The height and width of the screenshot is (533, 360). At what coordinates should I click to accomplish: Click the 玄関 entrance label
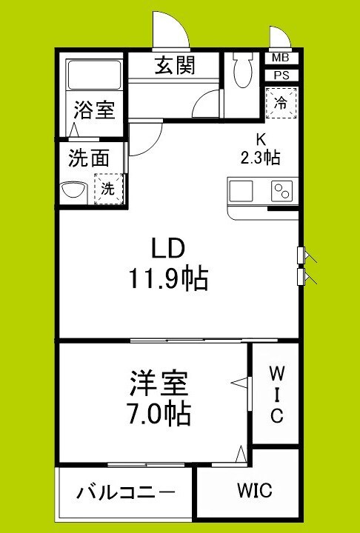point(175,66)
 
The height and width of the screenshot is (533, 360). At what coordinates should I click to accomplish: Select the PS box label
point(281,75)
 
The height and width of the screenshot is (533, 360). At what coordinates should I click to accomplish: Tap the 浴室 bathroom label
point(93,111)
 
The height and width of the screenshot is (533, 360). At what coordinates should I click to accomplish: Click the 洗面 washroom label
point(90,157)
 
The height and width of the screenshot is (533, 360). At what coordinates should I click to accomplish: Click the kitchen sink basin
point(242,192)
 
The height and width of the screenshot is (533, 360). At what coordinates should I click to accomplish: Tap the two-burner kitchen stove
point(281,192)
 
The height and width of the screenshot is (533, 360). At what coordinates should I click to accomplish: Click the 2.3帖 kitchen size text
point(259,157)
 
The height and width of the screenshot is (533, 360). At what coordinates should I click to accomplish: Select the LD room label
point(167,247)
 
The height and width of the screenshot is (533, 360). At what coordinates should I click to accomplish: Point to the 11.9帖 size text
point(167,278)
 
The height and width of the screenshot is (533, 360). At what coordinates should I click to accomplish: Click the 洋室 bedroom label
point(157,383)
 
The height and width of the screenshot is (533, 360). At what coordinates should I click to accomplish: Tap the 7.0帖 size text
point(158,413)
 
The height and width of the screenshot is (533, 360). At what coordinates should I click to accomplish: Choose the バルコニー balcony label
point(125,492)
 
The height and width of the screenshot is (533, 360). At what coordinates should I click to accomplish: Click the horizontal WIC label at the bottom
point(254,490)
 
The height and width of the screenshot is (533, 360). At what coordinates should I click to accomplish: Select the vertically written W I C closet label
point(276,393)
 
